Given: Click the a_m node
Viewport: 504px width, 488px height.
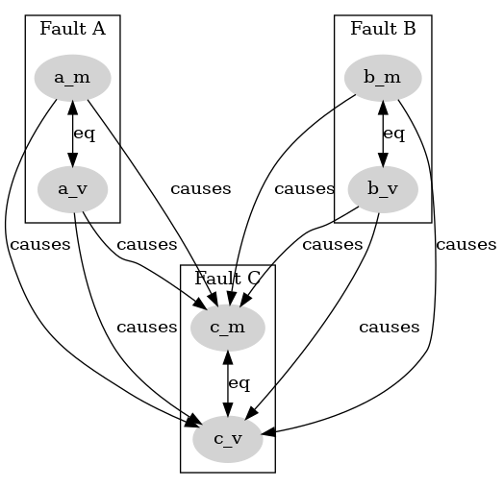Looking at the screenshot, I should click(72, 77).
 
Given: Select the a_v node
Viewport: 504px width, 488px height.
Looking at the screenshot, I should click(72, 189).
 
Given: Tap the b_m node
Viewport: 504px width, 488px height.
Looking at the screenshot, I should click(383, 77).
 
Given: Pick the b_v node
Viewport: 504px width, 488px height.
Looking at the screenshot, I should click(383, 189).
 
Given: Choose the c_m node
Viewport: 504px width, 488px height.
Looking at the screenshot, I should click(227, 328).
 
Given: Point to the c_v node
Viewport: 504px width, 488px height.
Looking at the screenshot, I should click(227, 440).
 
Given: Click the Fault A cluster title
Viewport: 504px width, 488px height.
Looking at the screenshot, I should click(72, 27).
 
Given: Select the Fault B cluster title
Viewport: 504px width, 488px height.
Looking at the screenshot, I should click(383, 27).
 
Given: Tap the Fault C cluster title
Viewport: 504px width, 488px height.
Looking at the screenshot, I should click(227, 278).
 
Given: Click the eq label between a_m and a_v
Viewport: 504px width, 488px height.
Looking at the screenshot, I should click(85, 134).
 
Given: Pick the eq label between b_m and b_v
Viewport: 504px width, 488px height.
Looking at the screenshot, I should click(394, 134).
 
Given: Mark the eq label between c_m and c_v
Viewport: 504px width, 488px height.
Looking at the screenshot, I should click(239, 384).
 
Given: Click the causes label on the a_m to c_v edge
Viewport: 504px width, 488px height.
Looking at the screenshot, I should click(39, 244).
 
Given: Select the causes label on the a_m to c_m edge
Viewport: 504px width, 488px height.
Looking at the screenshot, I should click(200, 188).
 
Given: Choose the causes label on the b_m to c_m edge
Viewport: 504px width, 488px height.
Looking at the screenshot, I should click(304, 188).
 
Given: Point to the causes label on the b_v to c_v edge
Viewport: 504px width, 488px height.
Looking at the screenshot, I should click(389, 327).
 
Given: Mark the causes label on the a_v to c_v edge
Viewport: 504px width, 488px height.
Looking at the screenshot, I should click(146, 327).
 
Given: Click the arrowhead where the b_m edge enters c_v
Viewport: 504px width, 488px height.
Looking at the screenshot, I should click(268, 434).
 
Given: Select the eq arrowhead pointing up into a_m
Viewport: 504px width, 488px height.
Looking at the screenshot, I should click(72, 105).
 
